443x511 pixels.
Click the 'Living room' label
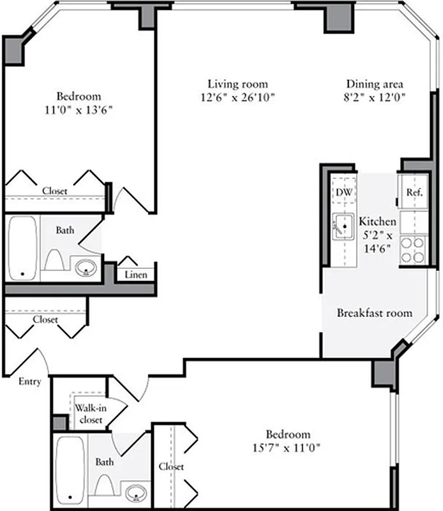237,84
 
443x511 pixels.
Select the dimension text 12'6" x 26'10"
237,98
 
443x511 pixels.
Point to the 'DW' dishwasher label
344,192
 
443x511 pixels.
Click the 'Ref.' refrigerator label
414,192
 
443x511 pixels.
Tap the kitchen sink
343,225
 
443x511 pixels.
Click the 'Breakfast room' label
374,313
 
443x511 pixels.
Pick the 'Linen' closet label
136,275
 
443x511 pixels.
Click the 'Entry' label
29,381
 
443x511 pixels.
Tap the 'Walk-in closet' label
89,414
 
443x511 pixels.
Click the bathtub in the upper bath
23,248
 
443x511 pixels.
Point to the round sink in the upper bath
86,268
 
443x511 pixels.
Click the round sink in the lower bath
135,492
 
